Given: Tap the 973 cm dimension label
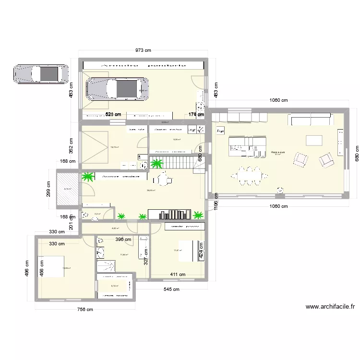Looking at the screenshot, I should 143,50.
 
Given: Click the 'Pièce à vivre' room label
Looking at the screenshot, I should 277,151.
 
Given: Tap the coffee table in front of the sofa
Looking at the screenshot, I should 314,140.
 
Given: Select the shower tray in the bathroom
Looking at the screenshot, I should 106,265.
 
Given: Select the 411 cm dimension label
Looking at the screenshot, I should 179,275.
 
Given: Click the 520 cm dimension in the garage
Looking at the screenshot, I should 113,115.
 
